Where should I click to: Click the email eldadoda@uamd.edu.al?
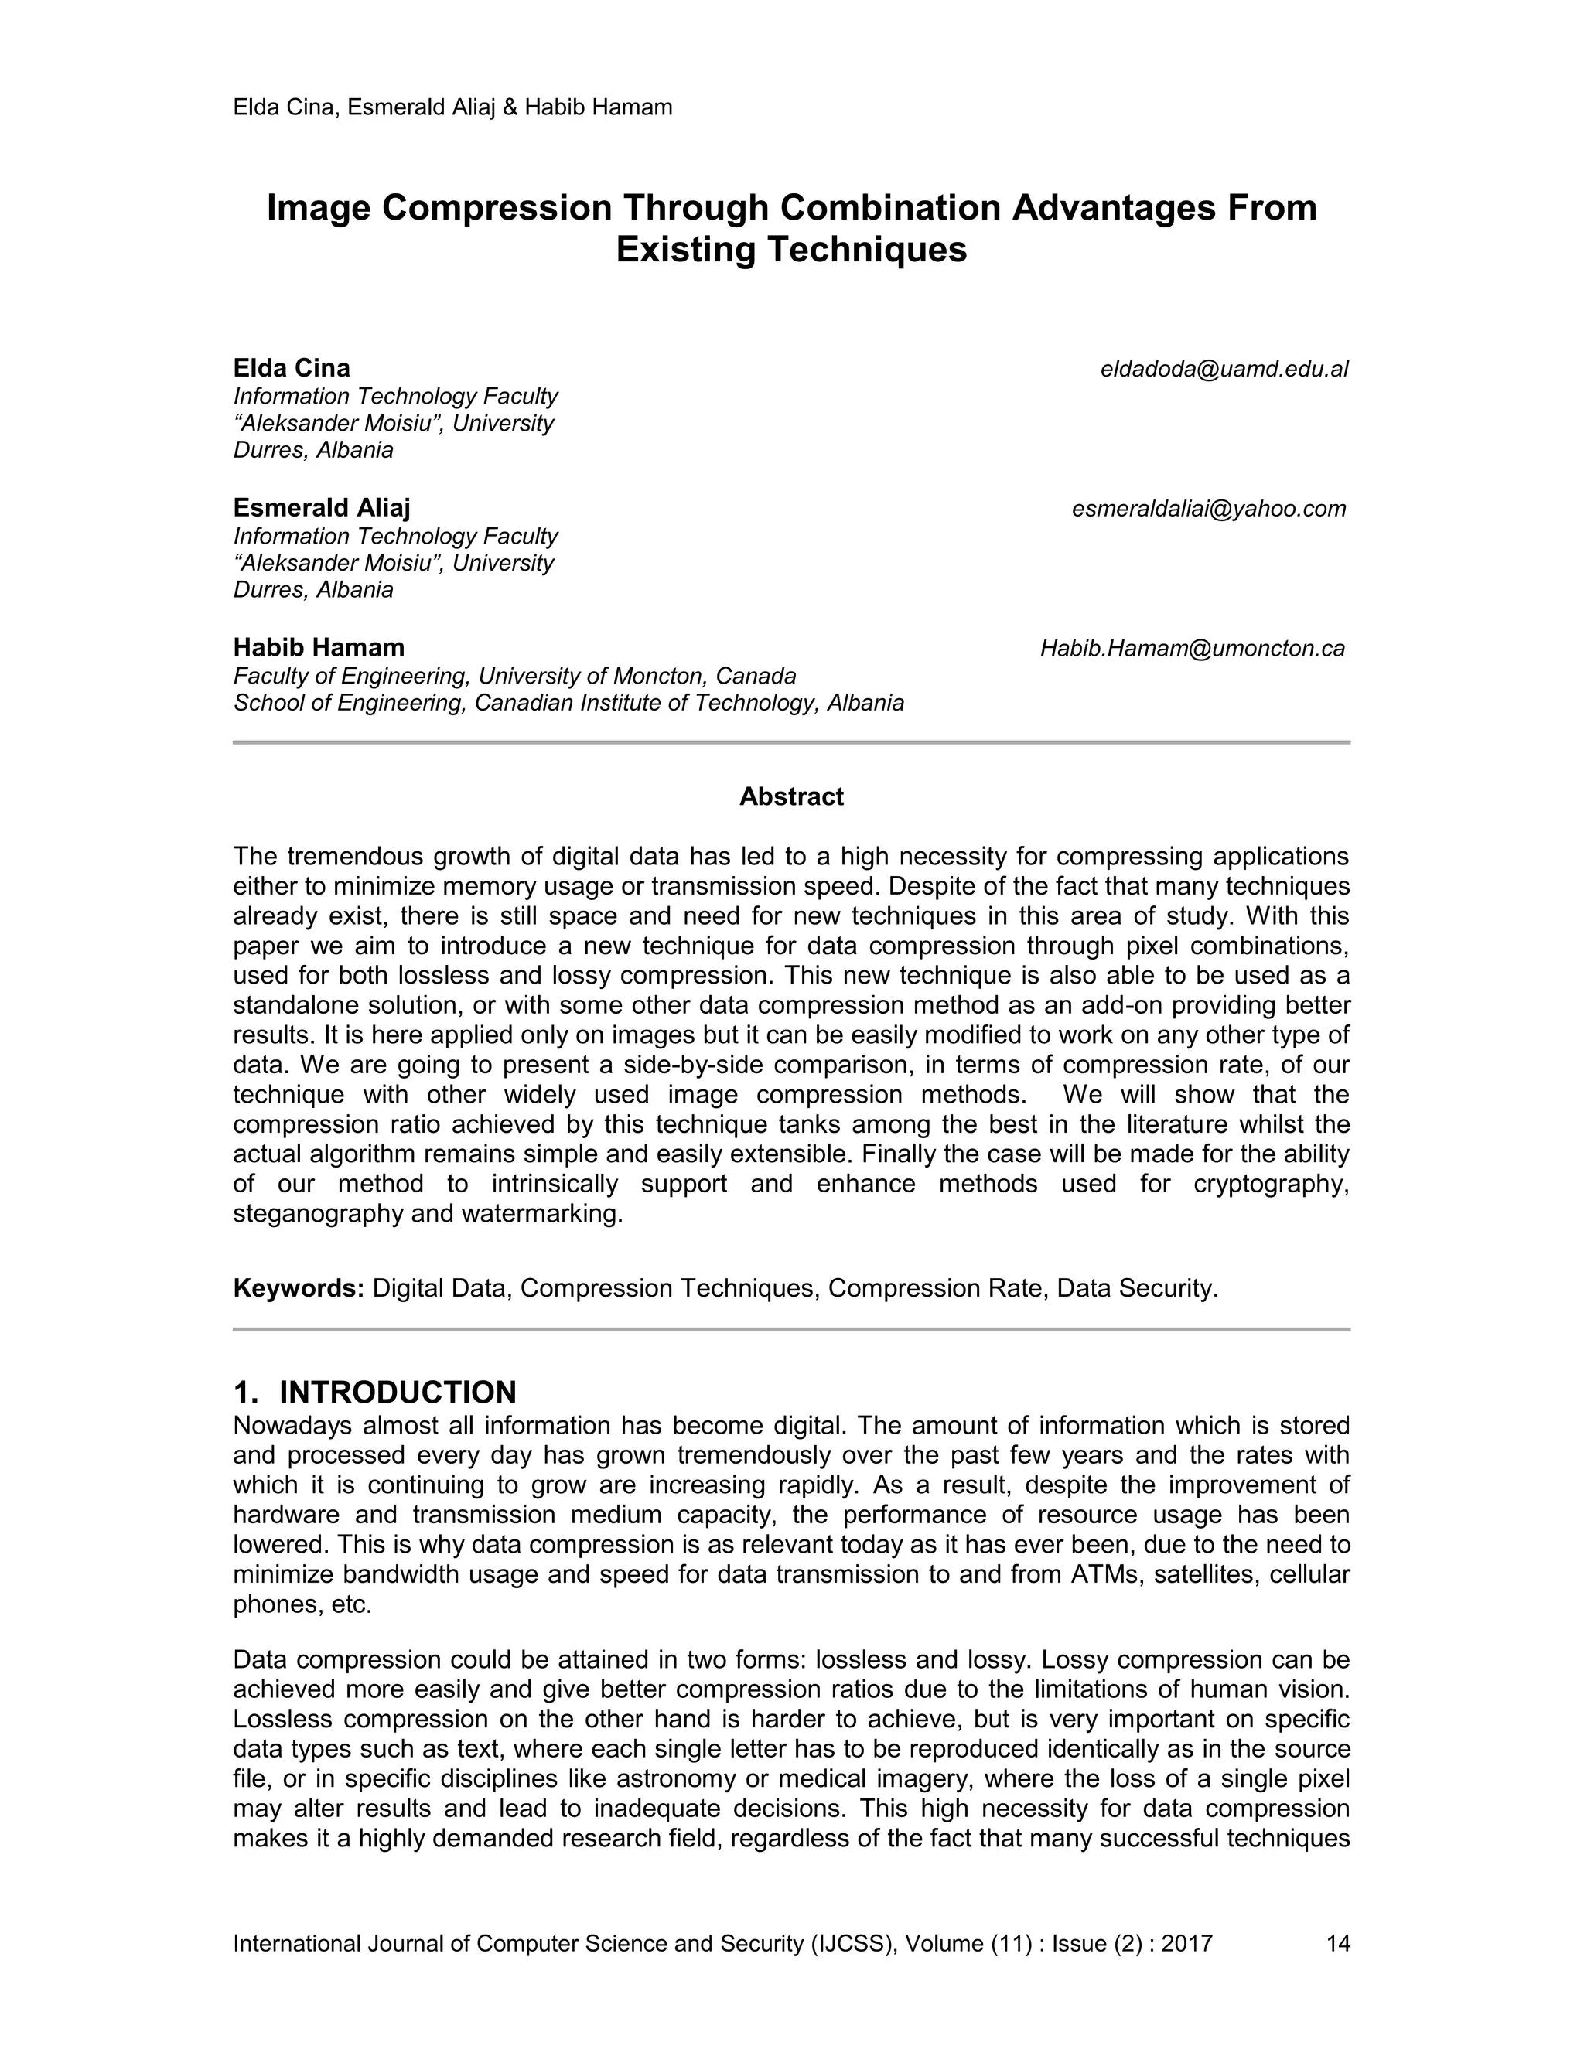pyautogui.click(x=1224, y=369)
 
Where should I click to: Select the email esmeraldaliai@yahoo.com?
pyautogui.click(x=1209, y=509)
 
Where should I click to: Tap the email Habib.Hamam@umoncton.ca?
pyautogui.click(x=1192, y=648)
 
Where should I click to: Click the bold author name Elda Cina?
pyautogui.click(x=291, y=368)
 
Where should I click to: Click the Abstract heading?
pyautogui.click(x=791, y=796)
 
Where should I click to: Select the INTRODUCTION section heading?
pyautogui.click(x=398, y=1391)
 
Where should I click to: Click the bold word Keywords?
pyautogui.click(x=299, y=1288)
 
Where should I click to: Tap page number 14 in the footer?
pyautogui.click(x=1337, y=1943)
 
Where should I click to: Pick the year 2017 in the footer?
pyautogui.click(x=1186, y=1943)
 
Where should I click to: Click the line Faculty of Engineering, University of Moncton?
pyautogui.click(x=514, y=676)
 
